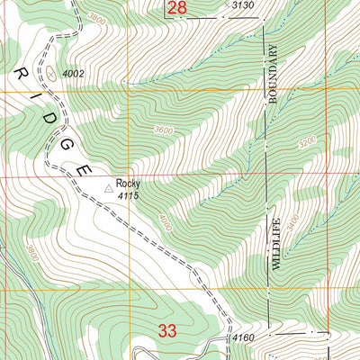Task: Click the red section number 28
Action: coord(177,8)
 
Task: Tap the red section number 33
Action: coord(167,331)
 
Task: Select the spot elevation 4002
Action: coord(76,73)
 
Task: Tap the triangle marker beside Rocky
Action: coord(111,188)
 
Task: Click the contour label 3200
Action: coord(309,141)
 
